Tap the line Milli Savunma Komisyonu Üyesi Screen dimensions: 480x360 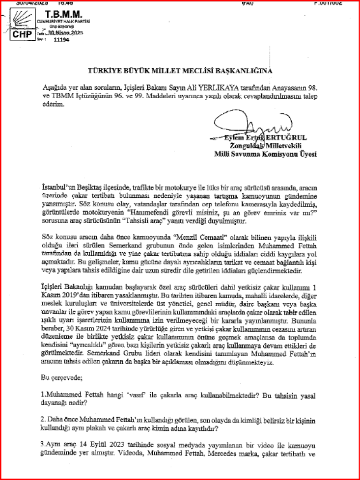[265, 154]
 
